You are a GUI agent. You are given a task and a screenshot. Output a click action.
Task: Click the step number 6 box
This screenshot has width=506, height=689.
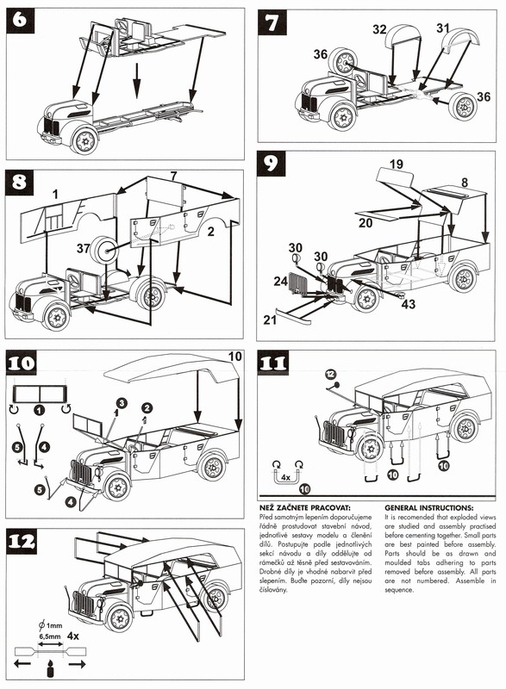(20, 20)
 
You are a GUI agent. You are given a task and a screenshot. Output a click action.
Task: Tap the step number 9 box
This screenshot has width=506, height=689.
(271, 164)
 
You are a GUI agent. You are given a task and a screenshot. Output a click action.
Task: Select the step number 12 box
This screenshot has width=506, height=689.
(21, 542)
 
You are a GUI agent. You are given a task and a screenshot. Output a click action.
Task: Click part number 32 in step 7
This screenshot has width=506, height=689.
(379, 29)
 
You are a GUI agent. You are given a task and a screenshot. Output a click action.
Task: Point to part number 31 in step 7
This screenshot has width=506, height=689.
(443, 28)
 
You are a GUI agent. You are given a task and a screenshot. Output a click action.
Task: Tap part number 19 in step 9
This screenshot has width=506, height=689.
(397, 164)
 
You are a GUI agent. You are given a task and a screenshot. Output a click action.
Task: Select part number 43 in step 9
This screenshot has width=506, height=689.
(408, 304)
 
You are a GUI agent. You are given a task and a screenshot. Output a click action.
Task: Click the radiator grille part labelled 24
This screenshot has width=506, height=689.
(299, 283)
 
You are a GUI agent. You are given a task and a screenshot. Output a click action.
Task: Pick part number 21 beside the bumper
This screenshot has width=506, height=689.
(270, 320)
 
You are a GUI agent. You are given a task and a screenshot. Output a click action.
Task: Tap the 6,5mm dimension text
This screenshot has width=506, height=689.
(49, 636)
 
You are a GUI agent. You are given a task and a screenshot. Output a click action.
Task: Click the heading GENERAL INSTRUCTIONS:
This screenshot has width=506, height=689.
(428, 508)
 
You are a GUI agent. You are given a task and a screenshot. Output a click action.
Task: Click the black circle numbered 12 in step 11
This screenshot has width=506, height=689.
(330, 374)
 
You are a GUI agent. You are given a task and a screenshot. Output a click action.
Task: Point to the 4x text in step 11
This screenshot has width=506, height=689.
(286, 477)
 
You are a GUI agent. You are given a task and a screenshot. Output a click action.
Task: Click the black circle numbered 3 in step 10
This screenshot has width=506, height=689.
(122, 402)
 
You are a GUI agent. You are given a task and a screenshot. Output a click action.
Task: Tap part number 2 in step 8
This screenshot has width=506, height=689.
(210, 232)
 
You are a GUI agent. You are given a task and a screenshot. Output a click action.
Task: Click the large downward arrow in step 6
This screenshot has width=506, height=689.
(137, 80)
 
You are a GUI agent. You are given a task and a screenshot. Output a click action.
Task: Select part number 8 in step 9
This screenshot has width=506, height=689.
(465, 183)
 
